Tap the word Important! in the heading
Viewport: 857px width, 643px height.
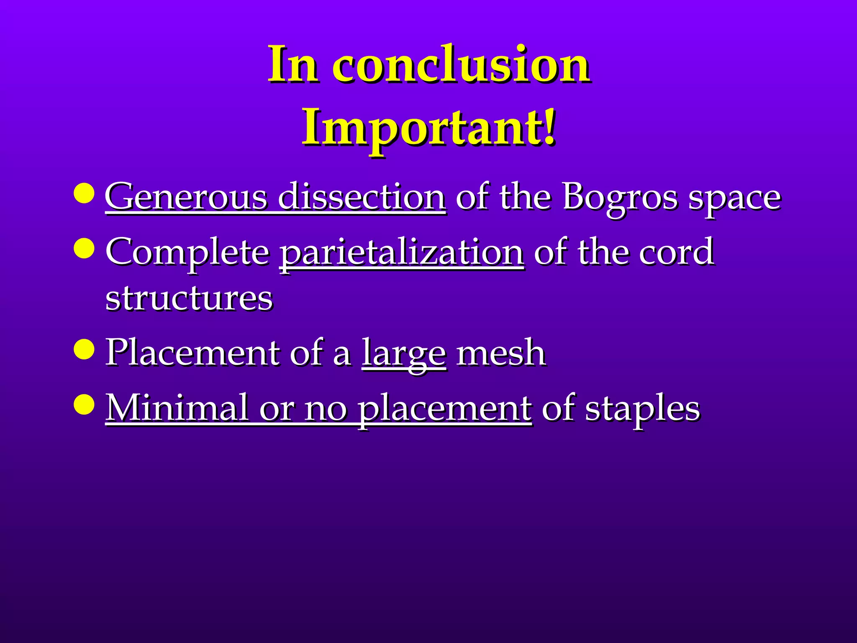point(428,128)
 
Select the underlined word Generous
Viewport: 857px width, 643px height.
point(186,197)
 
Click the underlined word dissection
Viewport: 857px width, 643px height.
point(362,197)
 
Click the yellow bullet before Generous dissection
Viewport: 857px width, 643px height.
point(84,193)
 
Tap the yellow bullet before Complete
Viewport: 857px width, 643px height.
point(84,248)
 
